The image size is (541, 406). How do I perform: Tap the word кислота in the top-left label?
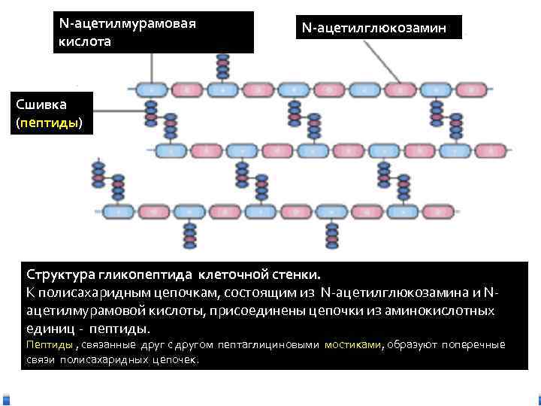click(x=84, y=42)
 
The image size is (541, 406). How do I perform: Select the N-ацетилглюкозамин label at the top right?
click(x=374, y=28)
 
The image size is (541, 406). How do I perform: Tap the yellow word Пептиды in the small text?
click(x=50, y=345)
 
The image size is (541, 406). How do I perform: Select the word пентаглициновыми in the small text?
click(x=265, y=345)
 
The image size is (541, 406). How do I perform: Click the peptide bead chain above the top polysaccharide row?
click(x=222, y=66)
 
